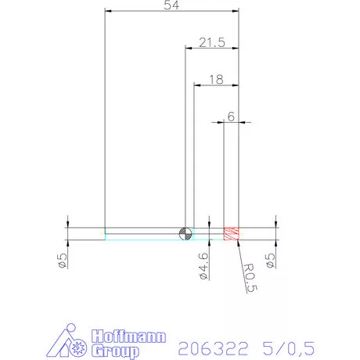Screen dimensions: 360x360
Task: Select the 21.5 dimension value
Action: [x=211, y=42]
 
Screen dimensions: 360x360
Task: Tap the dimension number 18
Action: [x=216, y=79]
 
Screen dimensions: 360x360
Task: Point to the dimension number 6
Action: [x=231, y=116]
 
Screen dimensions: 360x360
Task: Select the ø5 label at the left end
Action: [x=62, y=260]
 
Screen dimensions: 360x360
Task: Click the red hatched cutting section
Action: [x=231, y=233]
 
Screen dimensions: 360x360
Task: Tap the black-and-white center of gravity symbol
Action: [x=185, y=233]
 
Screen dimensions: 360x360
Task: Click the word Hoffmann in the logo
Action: [x=129, y=337]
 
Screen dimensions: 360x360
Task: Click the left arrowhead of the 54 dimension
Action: [x=109, y=12]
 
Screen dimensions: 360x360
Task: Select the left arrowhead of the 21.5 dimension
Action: [x=189, y=49]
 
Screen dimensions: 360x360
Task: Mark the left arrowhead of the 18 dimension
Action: [x=197, y=85]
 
